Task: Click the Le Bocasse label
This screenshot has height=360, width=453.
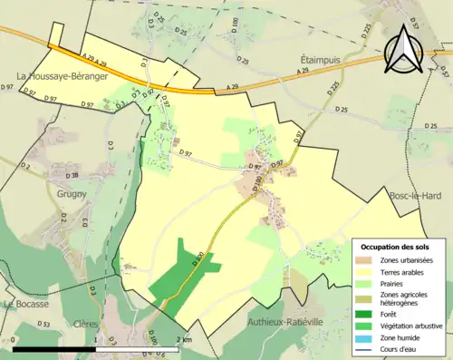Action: [25, 305]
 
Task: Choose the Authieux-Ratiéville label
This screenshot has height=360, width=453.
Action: [284, 322]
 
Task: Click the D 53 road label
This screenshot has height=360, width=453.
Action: [44, 324]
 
